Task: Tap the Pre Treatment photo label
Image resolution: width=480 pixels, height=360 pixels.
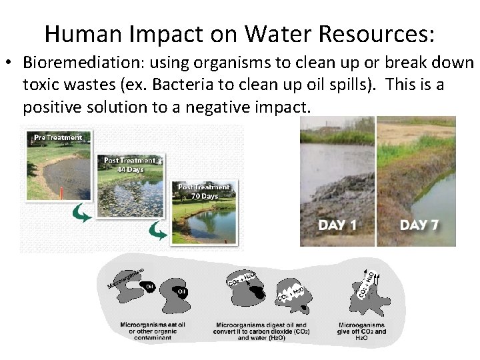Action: (x=58, y=137)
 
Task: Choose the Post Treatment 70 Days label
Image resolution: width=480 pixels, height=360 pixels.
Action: (x=203, y=191)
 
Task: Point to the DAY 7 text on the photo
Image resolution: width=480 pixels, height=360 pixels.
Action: (x=419, y=225)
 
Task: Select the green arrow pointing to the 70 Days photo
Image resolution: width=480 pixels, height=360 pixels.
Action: (x=157, y=231)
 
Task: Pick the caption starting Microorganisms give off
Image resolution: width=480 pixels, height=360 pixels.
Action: (x=361, y=331)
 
